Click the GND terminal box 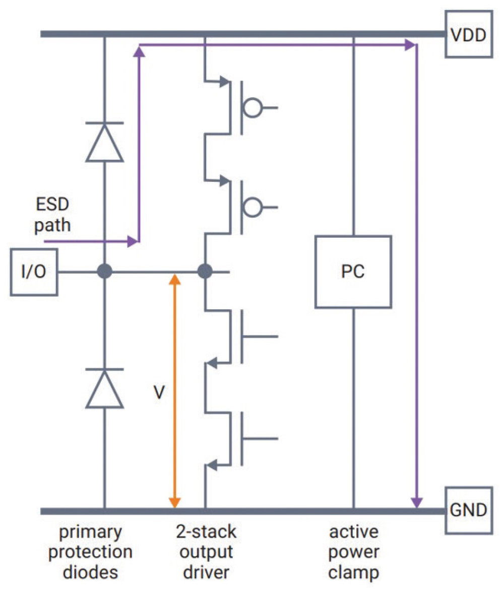pos(467,510)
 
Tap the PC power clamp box pos(353,272)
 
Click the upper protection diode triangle pos(104,144)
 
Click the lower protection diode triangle pos(104,389)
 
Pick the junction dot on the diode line pos(104,272)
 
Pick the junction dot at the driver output pos(205,272)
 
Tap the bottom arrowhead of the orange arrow pos(174,502)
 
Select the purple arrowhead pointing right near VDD pos(410,45)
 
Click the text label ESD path pos(52,215)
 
